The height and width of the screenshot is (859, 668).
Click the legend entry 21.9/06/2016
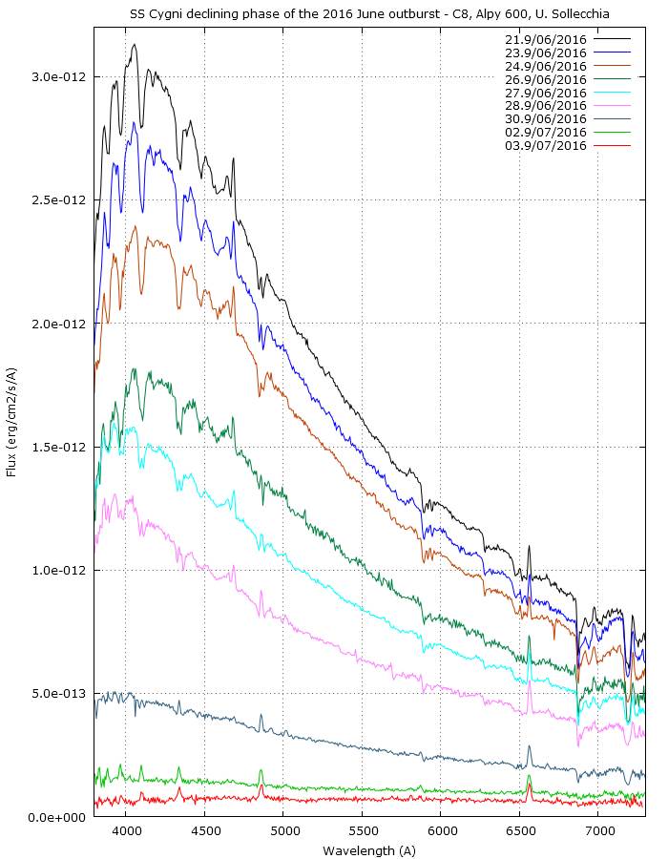pyautogui.click(x=545, y=40)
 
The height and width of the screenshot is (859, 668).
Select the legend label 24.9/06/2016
pyautogui.click(x=545, y=67)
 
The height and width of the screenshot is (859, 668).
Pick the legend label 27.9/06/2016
pyautogui.click(x=545, y=93)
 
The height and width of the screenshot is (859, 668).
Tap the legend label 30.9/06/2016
pyautogui.click(x=545, y=119)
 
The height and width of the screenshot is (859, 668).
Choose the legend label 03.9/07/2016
pyautogui.click(x=545, y=146)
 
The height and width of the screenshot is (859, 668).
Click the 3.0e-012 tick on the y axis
pyautogui.click(x=59, y=76)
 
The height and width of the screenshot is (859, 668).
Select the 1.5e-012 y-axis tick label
pyautogui.click(x=59, y=447)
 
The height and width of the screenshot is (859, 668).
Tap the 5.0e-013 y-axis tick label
pyautogui.click(x=59, y=694)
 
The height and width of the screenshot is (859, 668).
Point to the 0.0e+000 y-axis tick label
pyautogui.click(x=59, y=818)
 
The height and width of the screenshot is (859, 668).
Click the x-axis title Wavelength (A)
pyautogui.click(x=369, y=849)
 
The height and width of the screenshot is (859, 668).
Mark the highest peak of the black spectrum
pyautogui.click(x=135, y=44)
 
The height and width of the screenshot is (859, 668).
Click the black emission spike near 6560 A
pyautogui.click(x=530, y=548)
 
